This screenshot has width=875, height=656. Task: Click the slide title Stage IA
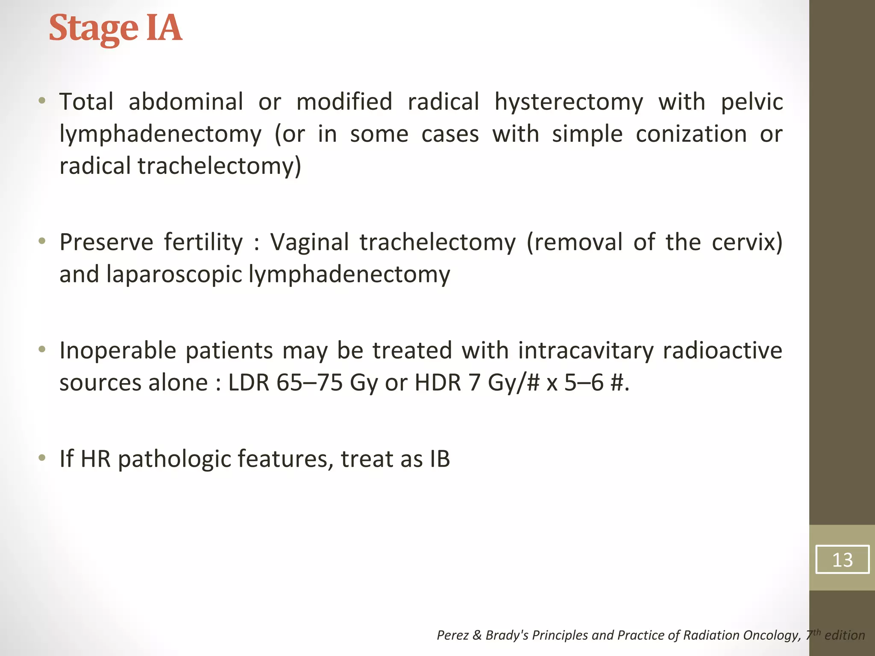point(115,28)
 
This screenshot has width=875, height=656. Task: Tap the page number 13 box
point(842,559)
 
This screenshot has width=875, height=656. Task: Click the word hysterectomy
point(568,102)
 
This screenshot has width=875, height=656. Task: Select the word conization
point(691,135)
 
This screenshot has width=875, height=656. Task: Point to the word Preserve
point(106,242)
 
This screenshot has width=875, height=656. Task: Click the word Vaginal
point(310,242)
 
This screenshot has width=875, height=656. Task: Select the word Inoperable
point(117,351)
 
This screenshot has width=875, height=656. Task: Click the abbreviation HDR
point(438,383)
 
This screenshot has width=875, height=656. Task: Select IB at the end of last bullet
point(437,460)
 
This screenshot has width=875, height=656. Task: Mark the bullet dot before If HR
point(41,458)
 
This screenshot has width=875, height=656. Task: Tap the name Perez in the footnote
point(452,635)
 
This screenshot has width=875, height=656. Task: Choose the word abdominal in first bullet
point(185,102)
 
